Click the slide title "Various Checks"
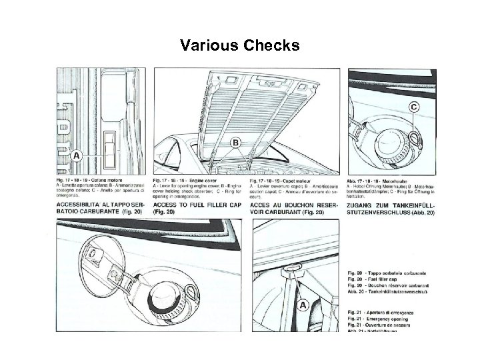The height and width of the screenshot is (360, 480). coord(240,46)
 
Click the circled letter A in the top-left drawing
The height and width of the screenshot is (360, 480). coord(76,155)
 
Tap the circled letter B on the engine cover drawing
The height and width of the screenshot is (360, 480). coord(237,143)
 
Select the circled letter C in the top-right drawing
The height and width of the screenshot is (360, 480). coord(414,107)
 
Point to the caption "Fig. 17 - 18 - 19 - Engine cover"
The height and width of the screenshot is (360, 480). coord(187,181)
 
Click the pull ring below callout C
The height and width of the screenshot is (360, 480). coord(415,137)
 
